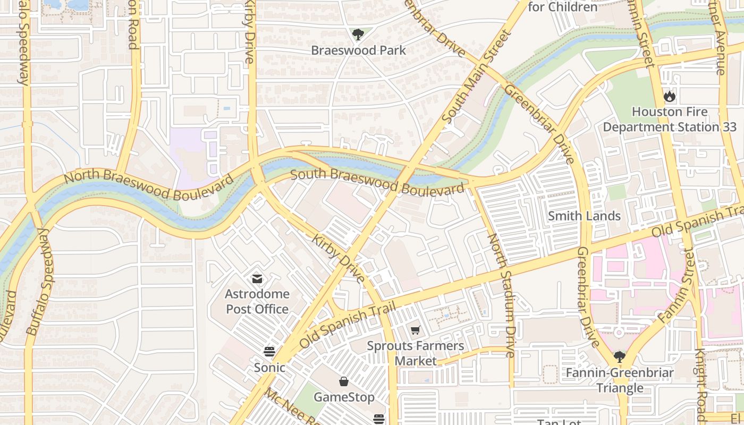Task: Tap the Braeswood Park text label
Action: click(x=358, y=50)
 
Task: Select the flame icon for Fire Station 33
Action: click(x=669, y=96)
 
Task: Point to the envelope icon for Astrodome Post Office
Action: click(x=257, y=279)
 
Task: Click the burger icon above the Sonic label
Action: click(x=269, y=352)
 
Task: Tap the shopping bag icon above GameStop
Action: click(x=344, y=381)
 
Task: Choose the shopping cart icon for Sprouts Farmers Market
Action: click(x=416, y=330)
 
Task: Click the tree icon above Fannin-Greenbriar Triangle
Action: click(x=619, y=356)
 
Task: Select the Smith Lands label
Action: click(x=584, y=216)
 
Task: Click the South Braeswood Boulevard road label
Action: click(x=377, y=181)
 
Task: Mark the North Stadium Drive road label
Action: click(x=502, y=295)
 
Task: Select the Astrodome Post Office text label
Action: click(x=257, y=301)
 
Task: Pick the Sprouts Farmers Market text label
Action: click(x=416, y=353)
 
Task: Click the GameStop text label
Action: click(x=344, y=397)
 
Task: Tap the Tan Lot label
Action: click(x=559, y=422)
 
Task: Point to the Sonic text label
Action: click(x=269, y=367)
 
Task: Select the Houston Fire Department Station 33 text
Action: click(x=669, y=120)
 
